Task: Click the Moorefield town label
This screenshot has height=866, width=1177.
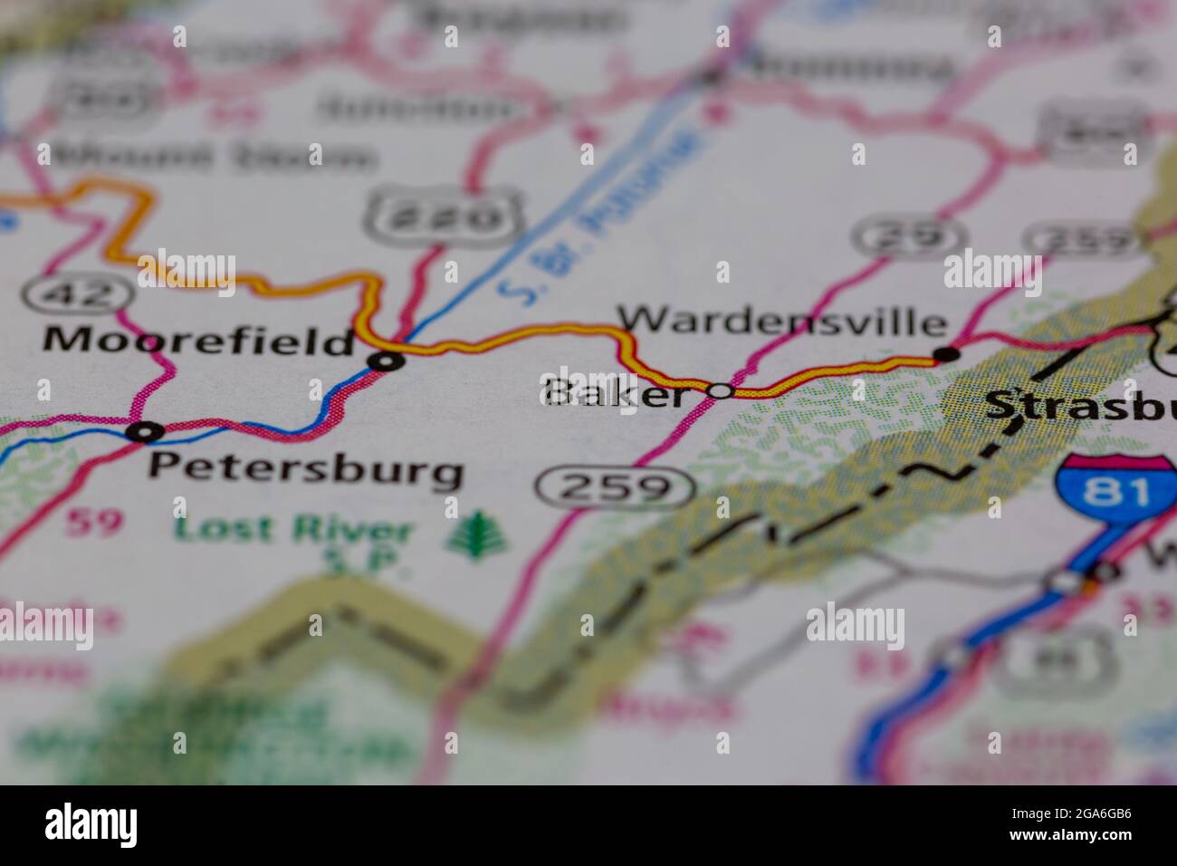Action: tap(198, 342)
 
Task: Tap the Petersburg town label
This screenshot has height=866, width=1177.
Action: tap(306, 470)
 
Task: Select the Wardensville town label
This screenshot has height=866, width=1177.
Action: tap(782, 321)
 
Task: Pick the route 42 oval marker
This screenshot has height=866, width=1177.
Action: tap(69, 293)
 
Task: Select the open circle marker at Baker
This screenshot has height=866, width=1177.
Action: tap(720, 391)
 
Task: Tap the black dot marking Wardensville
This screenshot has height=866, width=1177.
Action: tap(945, 353)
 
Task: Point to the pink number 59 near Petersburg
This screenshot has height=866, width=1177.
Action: tap(92, 524)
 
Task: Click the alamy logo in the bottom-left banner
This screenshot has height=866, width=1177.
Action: tap(91, 825)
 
